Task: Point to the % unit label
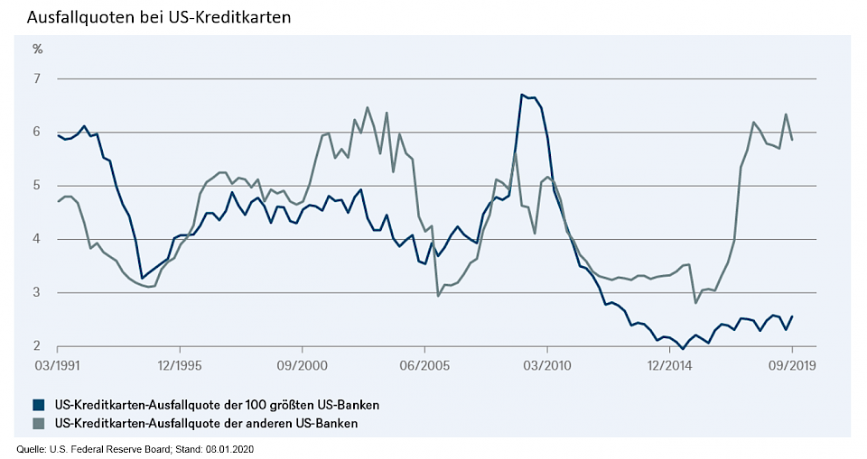tap(38, 49)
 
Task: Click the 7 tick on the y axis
tap(38, 78)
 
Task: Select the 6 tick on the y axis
tap(38, 132)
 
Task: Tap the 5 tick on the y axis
tap(38, 186)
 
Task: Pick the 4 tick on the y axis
tap(38, 239)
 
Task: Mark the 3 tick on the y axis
tap(38, 292)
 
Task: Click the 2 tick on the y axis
tap(38, 346)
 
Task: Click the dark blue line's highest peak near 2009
tap(522, 95)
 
